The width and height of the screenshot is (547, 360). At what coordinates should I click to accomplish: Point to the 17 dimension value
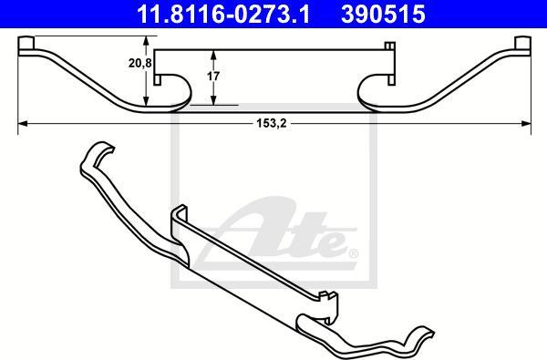click(213, 78)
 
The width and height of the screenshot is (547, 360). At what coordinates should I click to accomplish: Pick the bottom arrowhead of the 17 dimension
click(213, 102)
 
